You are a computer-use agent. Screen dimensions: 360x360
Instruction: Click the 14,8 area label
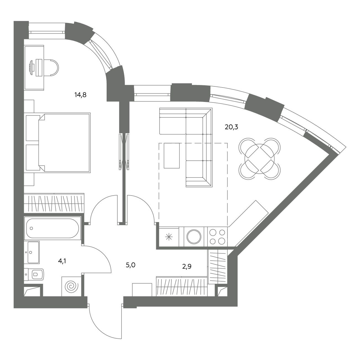coord(81,95)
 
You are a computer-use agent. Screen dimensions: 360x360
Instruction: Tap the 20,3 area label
coord(232,127)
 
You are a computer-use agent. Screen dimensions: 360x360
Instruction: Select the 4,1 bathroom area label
coord(62,261)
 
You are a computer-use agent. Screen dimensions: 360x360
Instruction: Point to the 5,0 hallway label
coord(130,265)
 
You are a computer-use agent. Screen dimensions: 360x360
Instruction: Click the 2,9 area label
coord(187,266)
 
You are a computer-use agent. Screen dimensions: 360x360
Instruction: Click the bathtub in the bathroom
coord(53,228)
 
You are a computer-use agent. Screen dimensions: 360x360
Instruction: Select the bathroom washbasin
coord(32,252)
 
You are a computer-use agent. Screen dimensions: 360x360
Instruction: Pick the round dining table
coord(259,159)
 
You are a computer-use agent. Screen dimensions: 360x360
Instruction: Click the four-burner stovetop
coord(217,237)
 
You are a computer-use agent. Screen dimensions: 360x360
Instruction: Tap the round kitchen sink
coord(194,237)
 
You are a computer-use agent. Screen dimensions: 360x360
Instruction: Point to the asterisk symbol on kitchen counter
coord(169,237)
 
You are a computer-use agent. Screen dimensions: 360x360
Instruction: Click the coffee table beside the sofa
coord(172,156)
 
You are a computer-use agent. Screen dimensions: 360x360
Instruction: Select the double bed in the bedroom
coord(58,143)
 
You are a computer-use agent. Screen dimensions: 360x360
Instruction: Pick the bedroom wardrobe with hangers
coord(54,203)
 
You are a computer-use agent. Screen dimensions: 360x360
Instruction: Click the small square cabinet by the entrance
coord(142,290)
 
